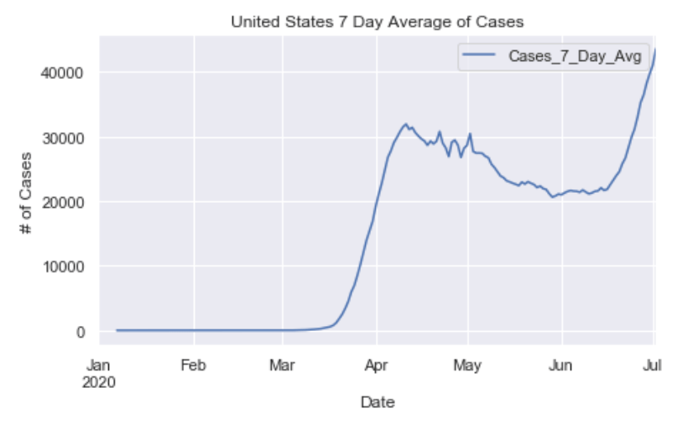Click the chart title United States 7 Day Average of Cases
pyautogui.click(x=377, y=22)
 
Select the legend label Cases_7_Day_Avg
pyautogui.click(x=575, y=57)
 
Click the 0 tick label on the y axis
pyautogui.click(x=81, y=331)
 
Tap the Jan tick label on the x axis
pyautogui.click(x=99, y=365)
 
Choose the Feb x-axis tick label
pyautogui.click(x=194, y=365)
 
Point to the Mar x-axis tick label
pyautogui.click(x=283, y=365)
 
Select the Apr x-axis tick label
pyautogui.click(x=377, y=365)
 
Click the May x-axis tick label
pyautogui.click(x=467, y=365)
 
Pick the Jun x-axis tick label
pyautogui.click(x=561, y=365)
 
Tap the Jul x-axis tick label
pyautogui.click(x=653, y=365)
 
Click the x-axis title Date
pyautogui.click(x=377, y=402)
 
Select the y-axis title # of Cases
pyautogui.click(x=28, y=202)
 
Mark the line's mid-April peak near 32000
pyautogui.click(x=406, y=124)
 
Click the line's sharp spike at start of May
pyautogui.click(x=471, y=134)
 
